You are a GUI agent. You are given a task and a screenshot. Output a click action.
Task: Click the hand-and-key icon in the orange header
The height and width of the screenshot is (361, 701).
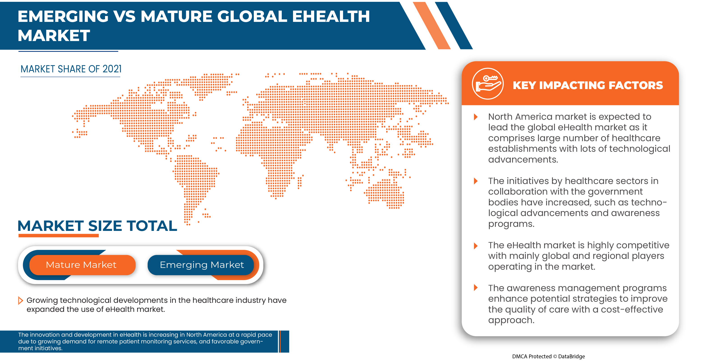tap(488, 84)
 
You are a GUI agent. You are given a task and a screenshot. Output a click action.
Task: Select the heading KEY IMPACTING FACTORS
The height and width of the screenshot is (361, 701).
tap(588, 85)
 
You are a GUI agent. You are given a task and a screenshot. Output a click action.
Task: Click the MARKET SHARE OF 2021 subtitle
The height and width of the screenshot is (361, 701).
tap(71, 69)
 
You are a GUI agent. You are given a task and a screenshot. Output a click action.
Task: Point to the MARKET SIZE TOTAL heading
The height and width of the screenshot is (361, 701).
tap(97, 226)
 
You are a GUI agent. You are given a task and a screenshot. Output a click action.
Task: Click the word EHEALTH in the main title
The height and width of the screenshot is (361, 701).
tap(331, 16)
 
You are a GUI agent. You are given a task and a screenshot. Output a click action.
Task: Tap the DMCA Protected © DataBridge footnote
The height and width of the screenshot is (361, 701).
tap(548, 356)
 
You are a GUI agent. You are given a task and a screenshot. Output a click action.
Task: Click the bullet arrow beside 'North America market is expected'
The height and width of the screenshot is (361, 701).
tap(476, 117)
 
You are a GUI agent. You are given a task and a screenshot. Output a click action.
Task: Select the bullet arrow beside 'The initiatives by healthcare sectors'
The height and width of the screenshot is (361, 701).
tap(476, 181)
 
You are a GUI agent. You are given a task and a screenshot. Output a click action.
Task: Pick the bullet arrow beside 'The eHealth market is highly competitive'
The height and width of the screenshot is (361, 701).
tap(476, 246)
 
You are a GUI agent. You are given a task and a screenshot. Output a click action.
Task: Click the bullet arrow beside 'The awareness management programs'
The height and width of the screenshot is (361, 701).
tap(476, 287)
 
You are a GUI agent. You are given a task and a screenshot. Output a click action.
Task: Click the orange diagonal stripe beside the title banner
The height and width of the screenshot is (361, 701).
tap(432, 25)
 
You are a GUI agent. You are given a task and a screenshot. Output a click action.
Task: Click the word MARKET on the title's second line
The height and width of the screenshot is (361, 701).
tap(54, 35)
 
